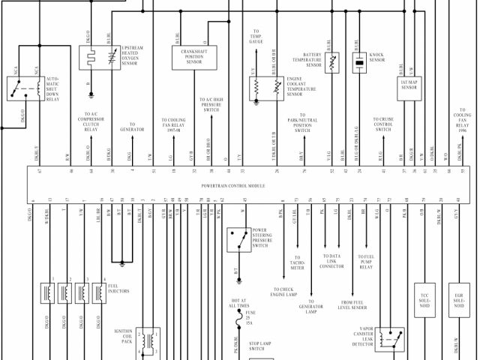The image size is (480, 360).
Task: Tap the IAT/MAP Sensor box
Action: tap(409, 83)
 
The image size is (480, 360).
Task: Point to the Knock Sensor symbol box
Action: tap(360, 63)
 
